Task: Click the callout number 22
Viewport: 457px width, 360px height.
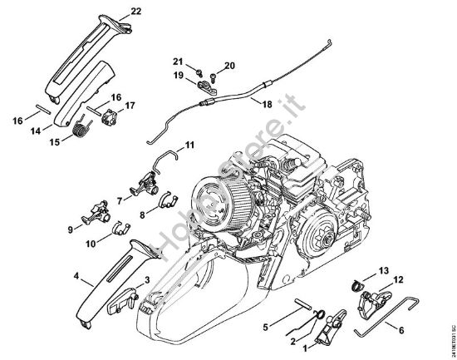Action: tap(136, 11)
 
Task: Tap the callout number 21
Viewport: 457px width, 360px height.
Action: tap(178, 62)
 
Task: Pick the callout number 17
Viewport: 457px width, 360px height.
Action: tap(130, 106)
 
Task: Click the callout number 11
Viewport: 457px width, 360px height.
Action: tap(189, 145)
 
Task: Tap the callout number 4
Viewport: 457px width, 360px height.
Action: tap(76, 275)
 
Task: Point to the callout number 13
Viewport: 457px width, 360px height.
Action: tap(384, 271)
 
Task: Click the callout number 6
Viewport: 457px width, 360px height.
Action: tap(401, 331)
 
